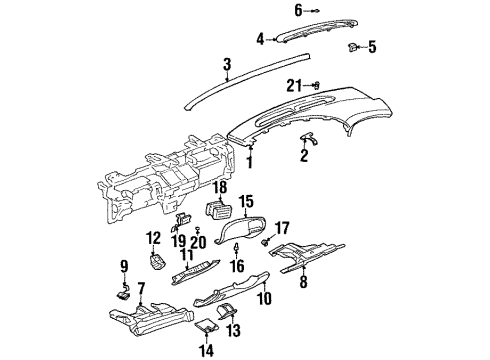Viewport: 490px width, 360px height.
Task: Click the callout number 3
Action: pos(228,66)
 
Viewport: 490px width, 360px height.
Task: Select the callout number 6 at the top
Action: pos(269,11)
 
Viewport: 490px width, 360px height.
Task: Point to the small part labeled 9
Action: pos(124,293)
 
